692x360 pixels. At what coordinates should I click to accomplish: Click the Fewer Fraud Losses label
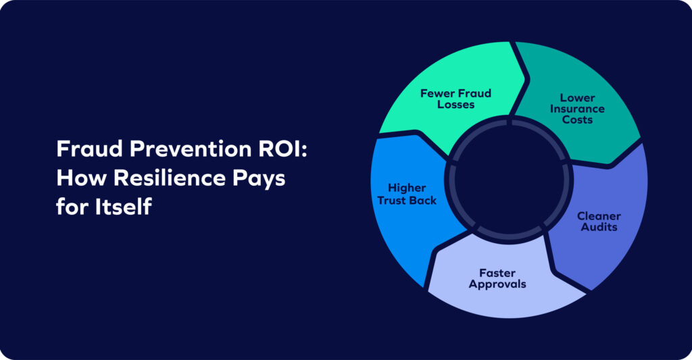tap(455, 99)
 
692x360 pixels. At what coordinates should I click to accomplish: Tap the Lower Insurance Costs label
tap(576, 109)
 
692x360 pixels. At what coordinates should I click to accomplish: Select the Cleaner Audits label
tap(599, 222)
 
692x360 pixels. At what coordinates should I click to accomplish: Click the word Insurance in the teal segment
tap(576, 109)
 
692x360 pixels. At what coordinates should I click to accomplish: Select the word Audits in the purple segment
tap(599, 227)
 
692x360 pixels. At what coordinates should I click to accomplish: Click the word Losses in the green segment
tap(455, 105)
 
